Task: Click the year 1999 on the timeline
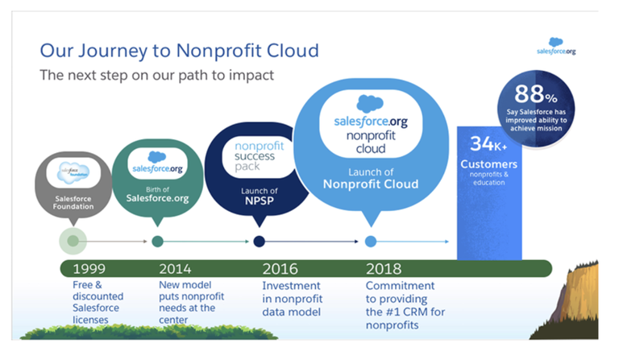click(89, 269)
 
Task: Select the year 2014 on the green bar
click(175, 269)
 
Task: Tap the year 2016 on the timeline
click(280, 269)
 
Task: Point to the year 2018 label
click(384, 269)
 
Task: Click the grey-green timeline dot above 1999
click(73, 241)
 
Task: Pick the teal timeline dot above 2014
click(157, 242)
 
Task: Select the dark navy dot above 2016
click(259, 242)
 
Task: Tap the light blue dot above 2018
click(370, 242)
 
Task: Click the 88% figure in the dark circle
click(536, 94)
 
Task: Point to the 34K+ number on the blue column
click(488, 144)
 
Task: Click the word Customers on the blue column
click(488, 164)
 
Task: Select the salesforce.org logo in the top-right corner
click(556, 46)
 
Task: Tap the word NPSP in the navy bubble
click(260, 201)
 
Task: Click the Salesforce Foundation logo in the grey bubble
click(73, 172)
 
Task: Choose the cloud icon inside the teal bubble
click(157, 157)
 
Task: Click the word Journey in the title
click(113, 52)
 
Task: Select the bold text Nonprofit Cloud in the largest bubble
click(371, 184)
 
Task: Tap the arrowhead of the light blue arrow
click(447, 242)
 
